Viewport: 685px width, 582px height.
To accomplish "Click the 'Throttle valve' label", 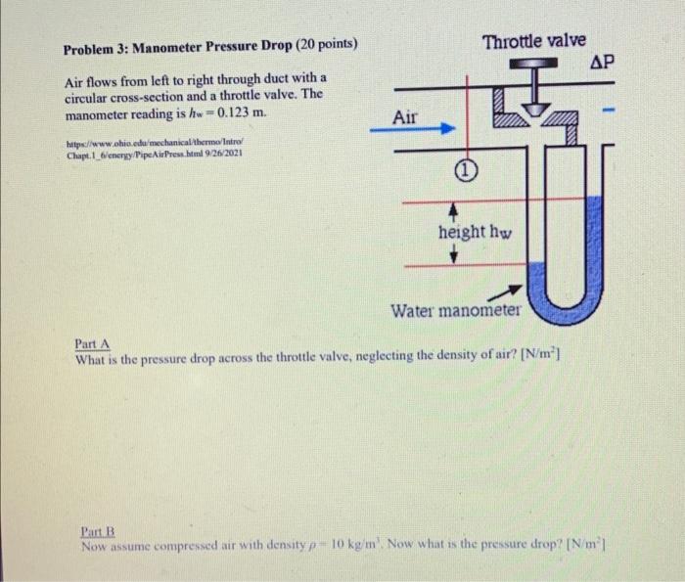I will (533, 41).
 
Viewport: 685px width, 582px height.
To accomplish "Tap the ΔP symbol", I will (603, 63).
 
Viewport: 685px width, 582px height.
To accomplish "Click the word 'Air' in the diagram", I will (405, 117).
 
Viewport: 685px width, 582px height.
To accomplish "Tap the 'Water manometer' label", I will (456, 311).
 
